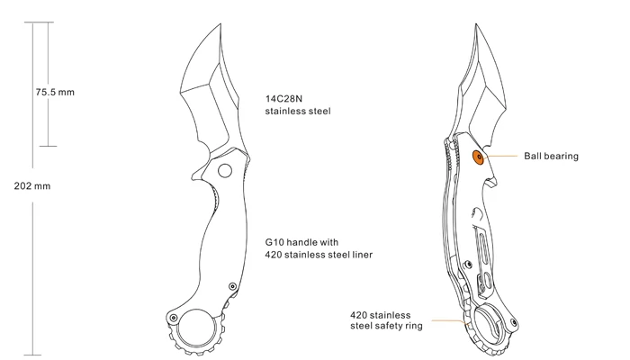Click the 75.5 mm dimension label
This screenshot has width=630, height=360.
click(55, 92)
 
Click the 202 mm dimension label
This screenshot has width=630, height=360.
click(32, 186)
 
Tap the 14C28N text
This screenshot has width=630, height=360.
click(283, 99)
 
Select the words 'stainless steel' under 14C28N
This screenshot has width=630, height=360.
click(298, 112)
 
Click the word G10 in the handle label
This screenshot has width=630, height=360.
click(274, 242)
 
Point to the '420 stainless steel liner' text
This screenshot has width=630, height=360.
click(319, 255)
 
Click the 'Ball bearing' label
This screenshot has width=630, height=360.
click(551, 157)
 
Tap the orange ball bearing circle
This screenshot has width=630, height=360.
click(479, 157)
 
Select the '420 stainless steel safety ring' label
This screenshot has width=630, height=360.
click(386, 320)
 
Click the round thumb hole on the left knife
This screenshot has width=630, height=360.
click(225, 171)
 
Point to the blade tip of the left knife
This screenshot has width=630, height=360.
click(220, 24)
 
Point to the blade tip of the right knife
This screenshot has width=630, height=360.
click(476, 24)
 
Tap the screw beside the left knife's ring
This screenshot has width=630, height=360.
click(174, 318)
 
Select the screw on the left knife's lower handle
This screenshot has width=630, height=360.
click(232, 286)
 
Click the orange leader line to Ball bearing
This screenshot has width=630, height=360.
click(501, 156)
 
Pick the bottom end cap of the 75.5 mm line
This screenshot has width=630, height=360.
click(49, 146)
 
